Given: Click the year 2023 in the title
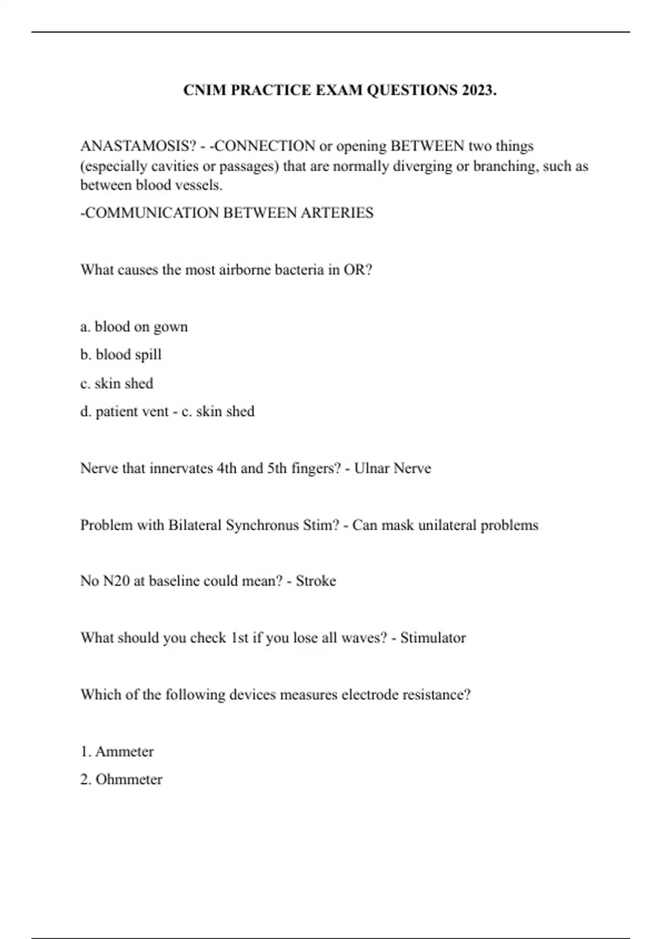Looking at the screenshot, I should pyautogui.click(x=479, y=90).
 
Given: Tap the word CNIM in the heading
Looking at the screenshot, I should pyautogui.click(x=204, y=90).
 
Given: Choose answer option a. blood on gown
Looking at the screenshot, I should pyautogui.click(x=134, y=327).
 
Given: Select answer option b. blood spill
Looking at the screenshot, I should pyautogui.click(x=121, y=355).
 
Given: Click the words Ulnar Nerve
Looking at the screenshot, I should pyautogui.click(x=392, y=468).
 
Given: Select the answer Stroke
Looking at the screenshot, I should pyautogui.click(x=316, y=581).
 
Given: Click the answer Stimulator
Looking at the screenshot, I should pyautogui.click(x=433, y=638).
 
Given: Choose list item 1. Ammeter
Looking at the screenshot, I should pyautogui.click(x=117, y=752).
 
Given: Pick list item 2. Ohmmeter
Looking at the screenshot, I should pyautogui.click(x=121, y=780).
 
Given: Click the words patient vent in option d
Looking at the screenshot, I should pyautogui.click(x=132, y=412).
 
